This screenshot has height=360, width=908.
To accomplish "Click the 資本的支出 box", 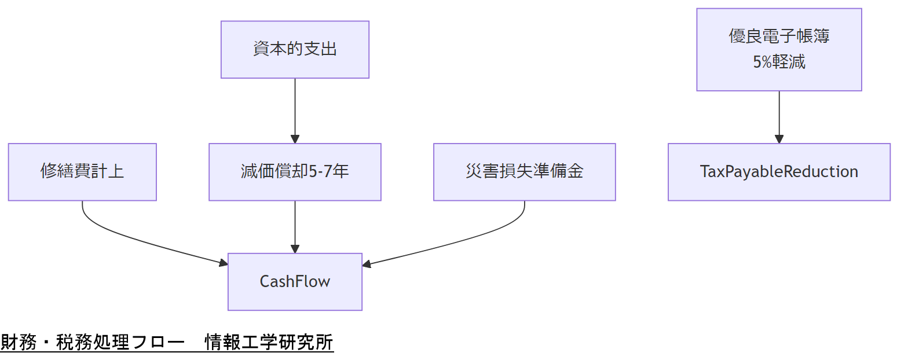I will coord(295,49).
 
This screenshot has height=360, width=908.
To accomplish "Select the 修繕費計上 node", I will coord(82,172).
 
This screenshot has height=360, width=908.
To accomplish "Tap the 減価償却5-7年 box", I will coord(295,172).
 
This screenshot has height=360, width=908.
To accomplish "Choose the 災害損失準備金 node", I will coord(524,172).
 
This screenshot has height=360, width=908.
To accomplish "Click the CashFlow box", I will coord(295,282).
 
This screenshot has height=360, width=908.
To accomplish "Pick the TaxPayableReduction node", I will coord(779,172).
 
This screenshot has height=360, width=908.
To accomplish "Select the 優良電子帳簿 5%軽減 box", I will coord(779,49).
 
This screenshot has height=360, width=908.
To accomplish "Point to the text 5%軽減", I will coord(779,63).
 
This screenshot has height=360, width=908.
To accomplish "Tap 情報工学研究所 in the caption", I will coord(269,343).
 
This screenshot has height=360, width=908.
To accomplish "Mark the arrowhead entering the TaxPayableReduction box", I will coord(779,139).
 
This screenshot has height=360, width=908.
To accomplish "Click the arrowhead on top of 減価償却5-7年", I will coord(295,139).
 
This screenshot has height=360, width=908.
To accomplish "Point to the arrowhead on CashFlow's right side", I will coord(367,265).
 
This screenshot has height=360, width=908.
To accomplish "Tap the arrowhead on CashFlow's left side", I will coord(224,263).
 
